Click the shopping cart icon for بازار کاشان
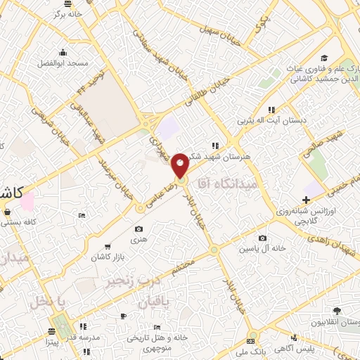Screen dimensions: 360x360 pos(107,246)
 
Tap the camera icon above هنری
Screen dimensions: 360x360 pos(139,229)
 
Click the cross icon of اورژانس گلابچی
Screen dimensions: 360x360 pos(306,200)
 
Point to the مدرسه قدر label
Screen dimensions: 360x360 pos(84,337)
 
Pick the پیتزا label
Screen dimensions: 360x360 pos(54,344)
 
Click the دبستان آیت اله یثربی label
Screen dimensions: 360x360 pos(273,120)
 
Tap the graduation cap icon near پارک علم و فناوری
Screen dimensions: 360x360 pos(323,58)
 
